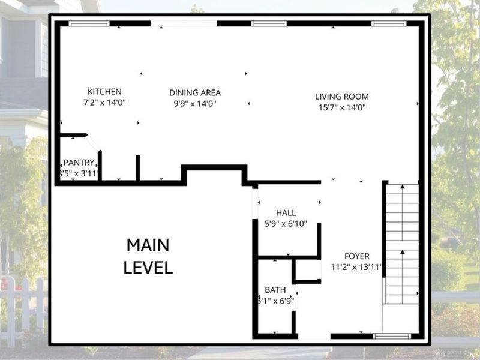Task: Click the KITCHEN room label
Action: tap(104, 92)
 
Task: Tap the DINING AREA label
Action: tap(194, 93)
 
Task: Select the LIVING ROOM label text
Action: tap(342, 97)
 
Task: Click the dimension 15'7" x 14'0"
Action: tap(342, 107)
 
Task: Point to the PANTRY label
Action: tap(79, 163)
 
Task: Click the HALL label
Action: tap(286, 213)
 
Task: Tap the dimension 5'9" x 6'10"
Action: tap(286, 224)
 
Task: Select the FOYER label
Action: tap(356, 256)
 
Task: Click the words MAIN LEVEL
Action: tap(148, 256)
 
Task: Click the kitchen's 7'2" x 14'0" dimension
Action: tap(104, 103)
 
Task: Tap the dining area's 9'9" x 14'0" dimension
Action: tap(194, 104)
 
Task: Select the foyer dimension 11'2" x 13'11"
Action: tap(356, 267)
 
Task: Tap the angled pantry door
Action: tap(93, 143)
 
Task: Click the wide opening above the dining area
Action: tap(184, 23)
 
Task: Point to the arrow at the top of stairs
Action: tap(401, 187)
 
